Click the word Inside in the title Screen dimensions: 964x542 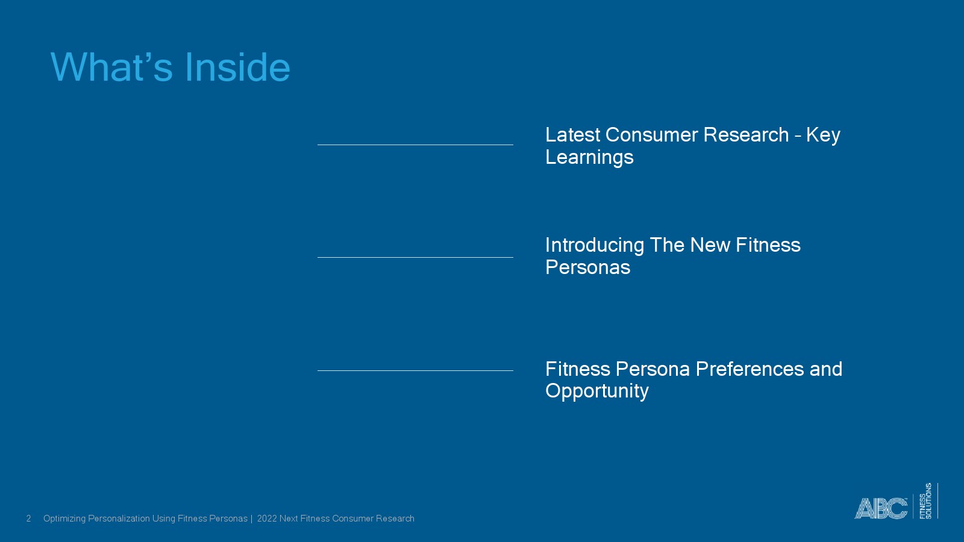coord(237,67)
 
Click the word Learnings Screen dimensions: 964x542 coord(589,157)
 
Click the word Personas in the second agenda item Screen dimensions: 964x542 coord(588,267)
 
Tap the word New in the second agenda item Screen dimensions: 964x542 coord(710,245)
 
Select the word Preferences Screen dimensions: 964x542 coord(750,369)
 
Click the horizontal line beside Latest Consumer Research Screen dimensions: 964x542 coord(415,145)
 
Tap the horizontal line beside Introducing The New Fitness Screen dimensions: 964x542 coord(415,258)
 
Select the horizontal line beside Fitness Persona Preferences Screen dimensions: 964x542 coord(415,370)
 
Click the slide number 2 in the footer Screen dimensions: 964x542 coord(28,519)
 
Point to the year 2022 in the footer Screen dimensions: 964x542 coord(267,519)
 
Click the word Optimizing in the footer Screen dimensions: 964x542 coord(64,519)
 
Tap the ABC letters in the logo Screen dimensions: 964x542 coord(881,508)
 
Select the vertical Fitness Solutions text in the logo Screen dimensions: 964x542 coord(925,500)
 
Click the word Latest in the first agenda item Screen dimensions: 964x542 coord(573,135)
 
